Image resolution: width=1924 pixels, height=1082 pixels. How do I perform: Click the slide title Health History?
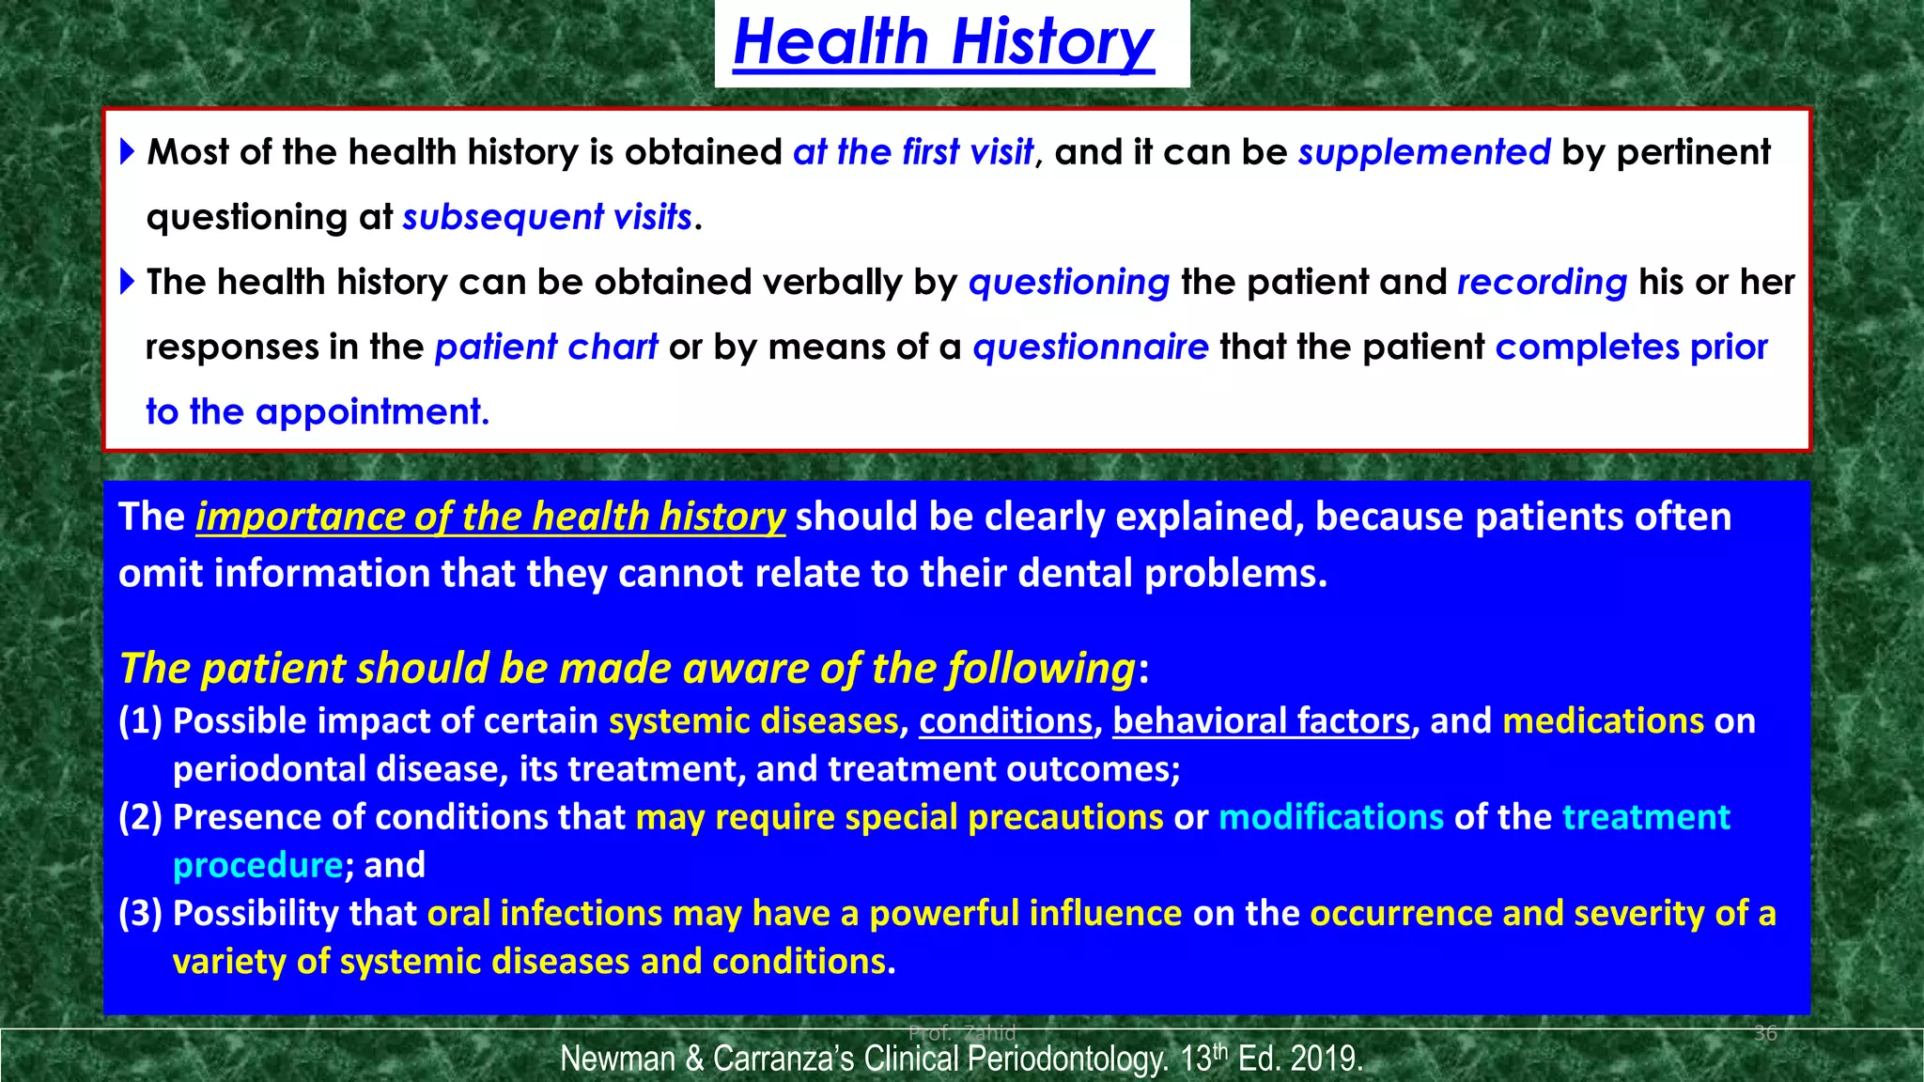(x=943, y=43)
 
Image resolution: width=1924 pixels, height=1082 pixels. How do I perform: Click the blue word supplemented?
(x=1423, y=152)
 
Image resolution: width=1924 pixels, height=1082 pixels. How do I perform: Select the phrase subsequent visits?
(x=547, y=217)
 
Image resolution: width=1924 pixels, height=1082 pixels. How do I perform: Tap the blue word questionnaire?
(x=1090, y=348)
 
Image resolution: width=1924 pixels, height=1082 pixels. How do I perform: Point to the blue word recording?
(x=1541, y=282)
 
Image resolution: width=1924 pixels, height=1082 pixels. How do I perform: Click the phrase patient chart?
(x=546, y=348)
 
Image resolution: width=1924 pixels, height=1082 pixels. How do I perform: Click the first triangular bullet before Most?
(x=129, y=151)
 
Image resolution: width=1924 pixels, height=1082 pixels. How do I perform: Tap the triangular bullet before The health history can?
(x=129, y=281)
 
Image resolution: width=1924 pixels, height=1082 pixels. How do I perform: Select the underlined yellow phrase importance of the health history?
(x=489, y=518)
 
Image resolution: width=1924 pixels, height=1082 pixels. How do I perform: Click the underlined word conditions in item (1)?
(x=1004, y=721)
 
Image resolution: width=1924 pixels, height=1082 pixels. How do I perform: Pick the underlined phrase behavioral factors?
(x=1261, y=721)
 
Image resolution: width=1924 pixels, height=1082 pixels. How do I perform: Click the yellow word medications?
(x=1603, y=721)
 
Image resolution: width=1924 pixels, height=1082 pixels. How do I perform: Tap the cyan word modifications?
(x=1330, y=817)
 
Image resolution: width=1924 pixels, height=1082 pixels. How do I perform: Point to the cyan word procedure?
(x=257, y=865)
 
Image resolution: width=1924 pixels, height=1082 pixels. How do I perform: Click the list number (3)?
(x=140, y=914)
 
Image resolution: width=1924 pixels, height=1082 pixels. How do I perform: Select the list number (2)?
(x=140, y=817)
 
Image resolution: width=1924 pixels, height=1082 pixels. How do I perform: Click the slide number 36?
(x=1765, y=1034)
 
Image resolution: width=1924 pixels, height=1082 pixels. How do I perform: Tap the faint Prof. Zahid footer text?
(x=962, y=1033)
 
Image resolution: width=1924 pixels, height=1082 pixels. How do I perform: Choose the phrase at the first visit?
(x=912, y=152)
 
